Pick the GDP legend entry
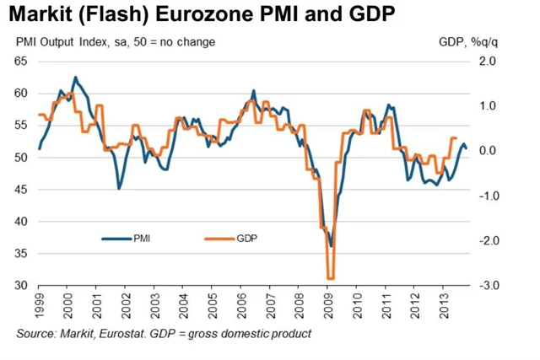tap(245, 239)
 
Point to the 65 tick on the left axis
tap(21, 62)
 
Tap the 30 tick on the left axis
tap(21, 286)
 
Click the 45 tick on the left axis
tap(21, 190)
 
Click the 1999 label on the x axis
tap(40, 305)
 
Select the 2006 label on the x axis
tap(242, 305)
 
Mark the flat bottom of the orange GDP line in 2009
tap(331, 278)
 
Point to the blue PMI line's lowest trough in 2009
tap(331, 246)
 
